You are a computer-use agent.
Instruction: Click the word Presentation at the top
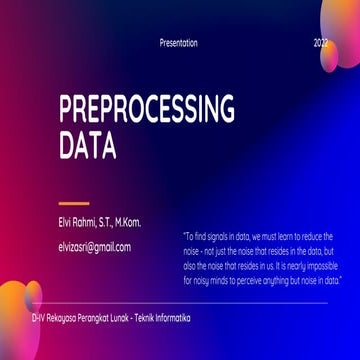[179, 43]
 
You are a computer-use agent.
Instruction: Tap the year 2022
[320, 43]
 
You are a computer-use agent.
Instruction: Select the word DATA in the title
[87, 147]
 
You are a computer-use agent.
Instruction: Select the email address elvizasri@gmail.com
[95, 245]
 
